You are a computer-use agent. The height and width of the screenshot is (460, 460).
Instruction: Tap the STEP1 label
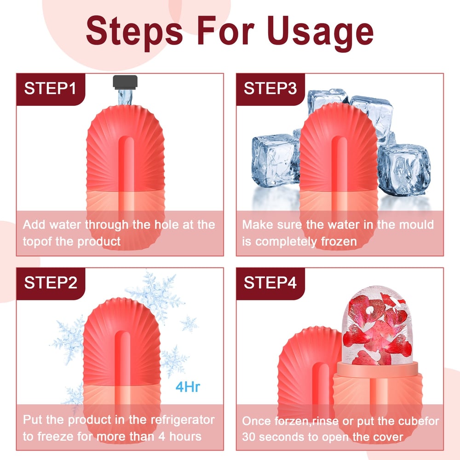coord(50,88)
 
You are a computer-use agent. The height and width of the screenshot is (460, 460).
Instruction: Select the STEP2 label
coord(50,283)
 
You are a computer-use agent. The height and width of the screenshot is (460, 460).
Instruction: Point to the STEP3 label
coord(270,88)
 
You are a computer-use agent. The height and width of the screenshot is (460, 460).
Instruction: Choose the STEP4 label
coord(270,283)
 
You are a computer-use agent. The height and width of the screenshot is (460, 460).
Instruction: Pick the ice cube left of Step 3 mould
coord(274,158)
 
